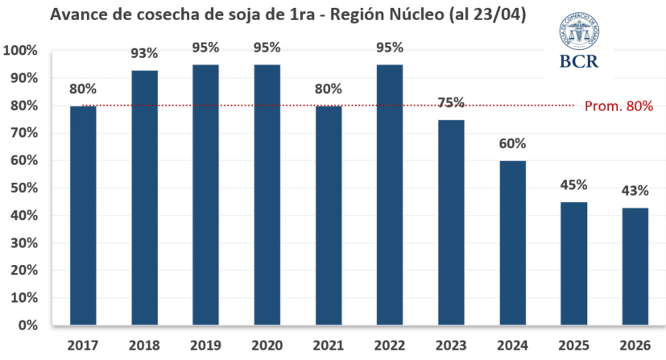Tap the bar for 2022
389,195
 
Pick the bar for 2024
512,243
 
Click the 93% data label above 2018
145,55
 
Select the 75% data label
451,103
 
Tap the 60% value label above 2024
512,143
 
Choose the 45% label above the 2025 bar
573,184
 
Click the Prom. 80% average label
618,106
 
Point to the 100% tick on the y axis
20,51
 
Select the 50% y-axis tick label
23,188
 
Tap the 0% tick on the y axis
27,326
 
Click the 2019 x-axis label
206,345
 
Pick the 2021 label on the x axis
329,345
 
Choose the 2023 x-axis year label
451,345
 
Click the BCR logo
578,40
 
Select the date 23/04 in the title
493,14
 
